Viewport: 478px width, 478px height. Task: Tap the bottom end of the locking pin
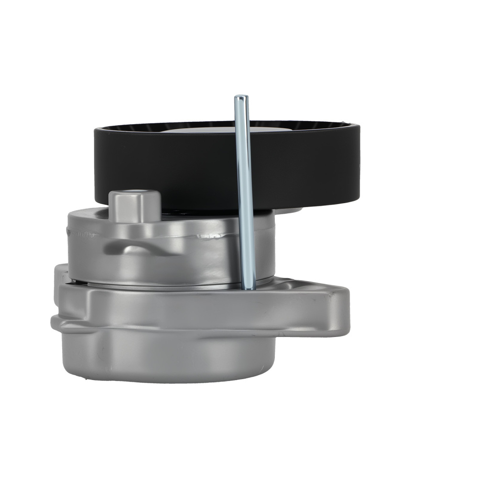(x=249, y=287)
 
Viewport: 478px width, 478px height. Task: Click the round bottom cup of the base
(x=167, y=358)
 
